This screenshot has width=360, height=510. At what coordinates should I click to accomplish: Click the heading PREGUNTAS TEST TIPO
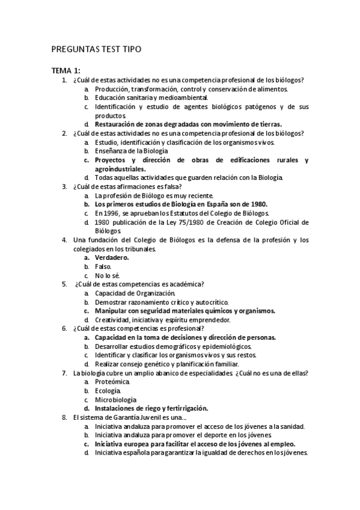point(96,49)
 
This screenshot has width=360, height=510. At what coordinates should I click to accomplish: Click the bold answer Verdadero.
point(112,257)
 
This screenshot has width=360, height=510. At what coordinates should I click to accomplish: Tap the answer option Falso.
point(103,266)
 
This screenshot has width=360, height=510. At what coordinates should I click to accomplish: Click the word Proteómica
point(112,382)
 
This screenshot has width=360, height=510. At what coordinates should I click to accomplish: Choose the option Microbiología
point(115,400)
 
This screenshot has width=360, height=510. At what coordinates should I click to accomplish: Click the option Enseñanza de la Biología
point(131,151)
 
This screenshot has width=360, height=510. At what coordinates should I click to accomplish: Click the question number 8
point(64,417)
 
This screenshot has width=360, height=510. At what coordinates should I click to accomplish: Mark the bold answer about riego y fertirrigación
point(151,408)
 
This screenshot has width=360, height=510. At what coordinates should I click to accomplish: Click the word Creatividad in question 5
point(113,319)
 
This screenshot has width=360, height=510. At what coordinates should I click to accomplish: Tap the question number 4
point(64,240)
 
